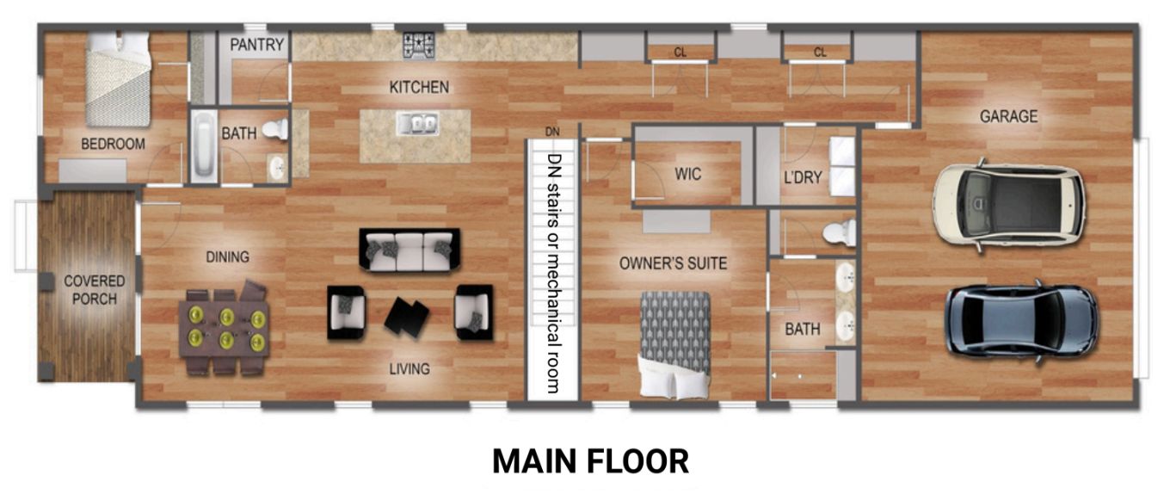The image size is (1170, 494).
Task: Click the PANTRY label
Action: click(256, 45)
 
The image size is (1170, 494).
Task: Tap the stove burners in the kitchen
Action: click(418, 45)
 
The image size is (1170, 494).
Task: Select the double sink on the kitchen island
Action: click(417, 123)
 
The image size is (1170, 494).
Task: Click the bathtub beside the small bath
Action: click(204, 145)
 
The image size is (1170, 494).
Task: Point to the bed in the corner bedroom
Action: click(118, 79)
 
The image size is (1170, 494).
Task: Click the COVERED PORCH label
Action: click(95, 290)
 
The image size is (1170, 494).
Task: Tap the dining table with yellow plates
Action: click(224, 330)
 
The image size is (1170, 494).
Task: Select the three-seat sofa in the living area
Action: click(409, 250)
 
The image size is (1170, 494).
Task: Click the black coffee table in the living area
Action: click(406, 316)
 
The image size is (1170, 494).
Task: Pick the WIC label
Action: click(687, 175)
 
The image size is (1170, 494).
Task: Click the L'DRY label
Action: click(803, 178)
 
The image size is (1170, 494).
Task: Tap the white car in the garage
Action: click(1008, 206)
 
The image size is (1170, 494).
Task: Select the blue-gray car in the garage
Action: click(1023, 322)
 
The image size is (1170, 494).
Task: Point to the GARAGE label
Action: click(1008, 116)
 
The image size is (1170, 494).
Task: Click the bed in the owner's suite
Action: click(674, 345)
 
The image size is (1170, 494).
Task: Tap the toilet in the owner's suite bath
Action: click(840, 232)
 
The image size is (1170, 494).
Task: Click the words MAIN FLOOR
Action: click(590, 461)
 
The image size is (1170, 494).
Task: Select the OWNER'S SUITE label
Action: click(673, 263)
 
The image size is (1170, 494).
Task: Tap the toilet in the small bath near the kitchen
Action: click(275, 129)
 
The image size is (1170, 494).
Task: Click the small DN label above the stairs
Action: click(552, 132)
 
